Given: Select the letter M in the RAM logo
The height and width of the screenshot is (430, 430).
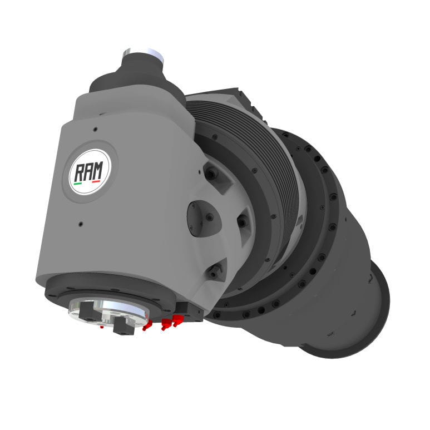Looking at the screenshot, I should click(x=100, y=169).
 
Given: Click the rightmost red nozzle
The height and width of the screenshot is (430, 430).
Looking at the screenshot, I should click(x=177, y=320).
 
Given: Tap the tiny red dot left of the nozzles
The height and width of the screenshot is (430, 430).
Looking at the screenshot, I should click(x=101, y=328).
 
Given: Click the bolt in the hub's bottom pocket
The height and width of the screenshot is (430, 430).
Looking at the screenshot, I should click(x=214, y=273).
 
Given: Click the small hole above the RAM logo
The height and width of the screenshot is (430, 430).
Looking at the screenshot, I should click(x=95, y=130).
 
